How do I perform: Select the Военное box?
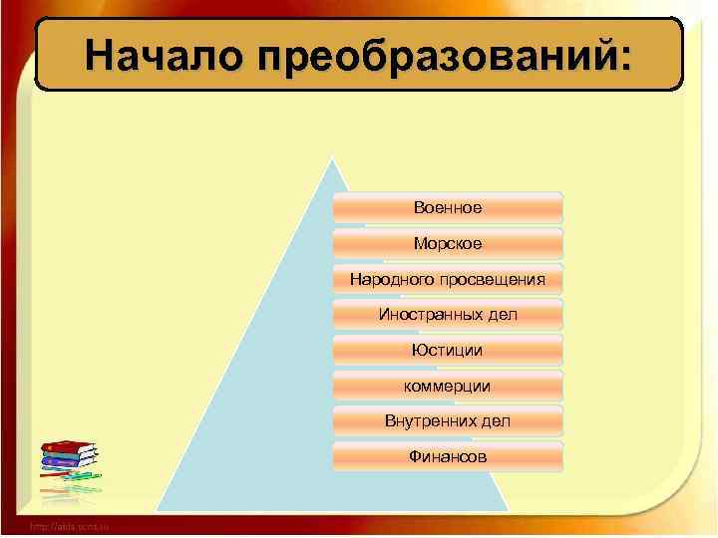[448, 207]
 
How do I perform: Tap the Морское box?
[448, 243]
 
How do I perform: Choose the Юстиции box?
[448, 350]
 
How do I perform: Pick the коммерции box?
[448, 386]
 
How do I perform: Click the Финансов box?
[448, 456]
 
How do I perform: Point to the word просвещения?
[494, 279]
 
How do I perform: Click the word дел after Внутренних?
[495, 421]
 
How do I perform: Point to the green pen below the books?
[80, 477]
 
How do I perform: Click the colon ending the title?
[625, 58]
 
